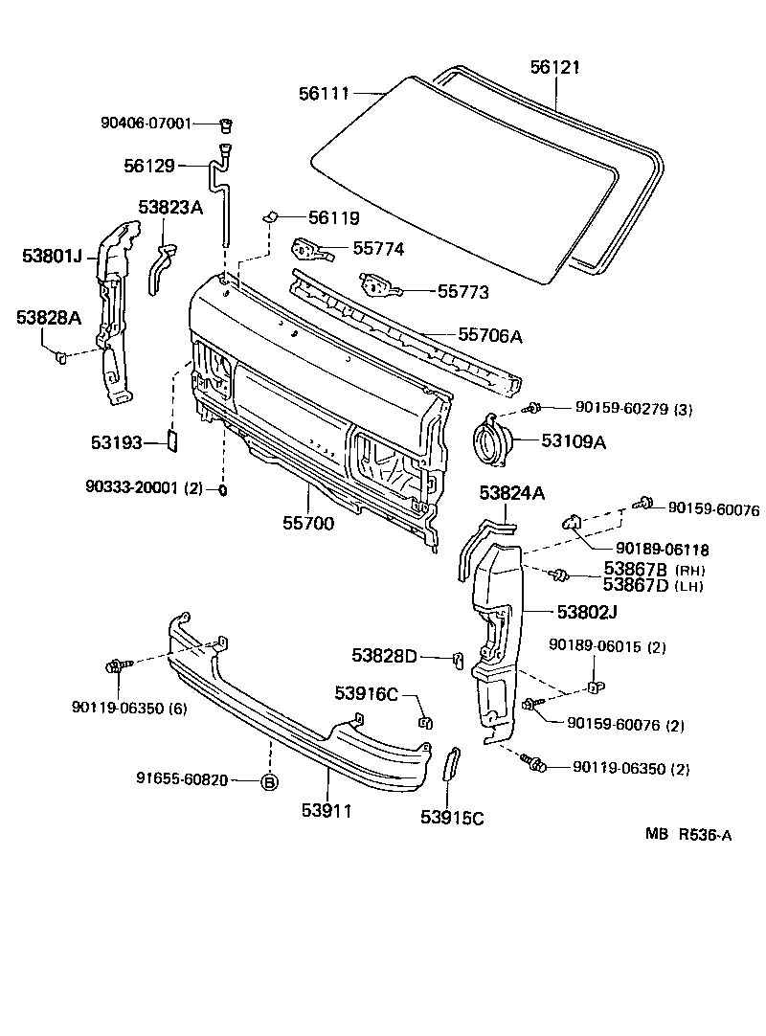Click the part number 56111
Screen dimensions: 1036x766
324,93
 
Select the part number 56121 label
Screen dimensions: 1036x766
555,67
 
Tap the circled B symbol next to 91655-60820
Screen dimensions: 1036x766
269,780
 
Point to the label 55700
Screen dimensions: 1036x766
308,524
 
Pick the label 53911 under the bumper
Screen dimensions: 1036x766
327,811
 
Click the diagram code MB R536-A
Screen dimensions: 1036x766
687,835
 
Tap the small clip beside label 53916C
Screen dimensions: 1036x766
422,720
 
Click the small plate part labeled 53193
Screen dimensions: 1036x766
173,440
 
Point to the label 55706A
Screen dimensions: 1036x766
489,335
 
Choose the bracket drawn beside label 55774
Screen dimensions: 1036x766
308,249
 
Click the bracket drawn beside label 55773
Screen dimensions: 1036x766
375,284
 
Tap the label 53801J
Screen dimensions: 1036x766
53,256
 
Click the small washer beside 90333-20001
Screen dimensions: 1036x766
222,490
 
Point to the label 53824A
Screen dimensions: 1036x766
511,493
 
